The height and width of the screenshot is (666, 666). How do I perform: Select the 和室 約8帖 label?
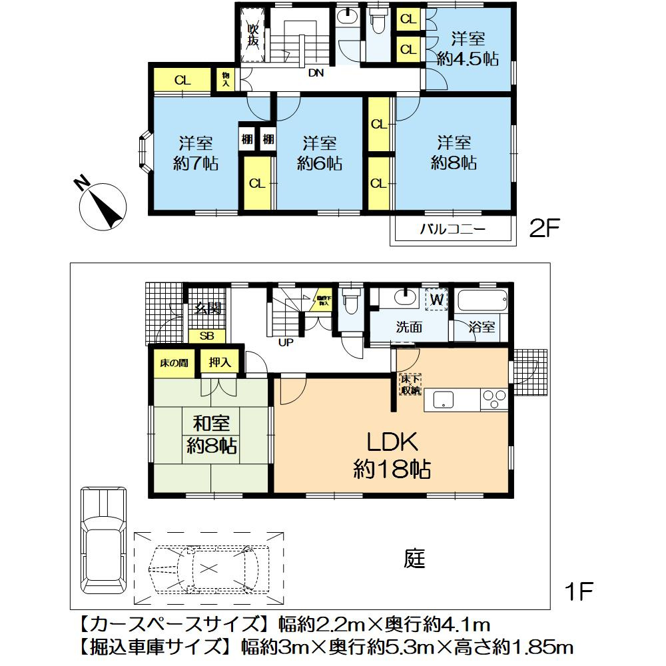[x=211, y=434]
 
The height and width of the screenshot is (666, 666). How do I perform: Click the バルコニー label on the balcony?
[x=452, y=230]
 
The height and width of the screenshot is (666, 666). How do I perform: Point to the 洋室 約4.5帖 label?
[x=468, y=48]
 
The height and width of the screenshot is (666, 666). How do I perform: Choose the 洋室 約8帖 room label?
[x=454, y=153]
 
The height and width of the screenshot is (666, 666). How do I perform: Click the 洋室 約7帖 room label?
[x=195, y=153]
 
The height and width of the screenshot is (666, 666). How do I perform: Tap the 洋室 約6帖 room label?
[x=320, y=153]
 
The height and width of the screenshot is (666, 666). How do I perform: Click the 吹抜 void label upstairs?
[x=253, y=35]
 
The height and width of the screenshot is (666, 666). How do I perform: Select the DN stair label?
[x=316, y=74]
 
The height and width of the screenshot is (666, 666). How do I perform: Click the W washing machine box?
[x=436, y=300]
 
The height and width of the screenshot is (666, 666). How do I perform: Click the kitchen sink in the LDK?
[x=444, y=400]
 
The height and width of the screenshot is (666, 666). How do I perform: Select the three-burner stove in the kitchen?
[x=494, y=399]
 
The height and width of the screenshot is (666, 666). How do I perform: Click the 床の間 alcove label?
[x=172, y=363]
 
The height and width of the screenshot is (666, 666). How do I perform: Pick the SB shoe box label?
[x=207, y=336]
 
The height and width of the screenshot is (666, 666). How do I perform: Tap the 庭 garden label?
[x=414, y=559]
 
